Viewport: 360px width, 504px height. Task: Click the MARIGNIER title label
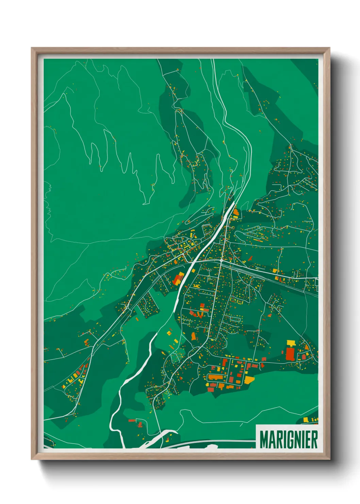tap(289, 439)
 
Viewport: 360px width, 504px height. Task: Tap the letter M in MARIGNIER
tap(264, 440)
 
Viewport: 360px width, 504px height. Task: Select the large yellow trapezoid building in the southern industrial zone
tap(249, 379)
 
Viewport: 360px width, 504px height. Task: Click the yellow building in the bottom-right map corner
tap(306, 419)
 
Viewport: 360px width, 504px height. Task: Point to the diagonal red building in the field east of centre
tap(250, 258)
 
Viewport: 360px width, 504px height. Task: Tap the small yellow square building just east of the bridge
tap(194, 271)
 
